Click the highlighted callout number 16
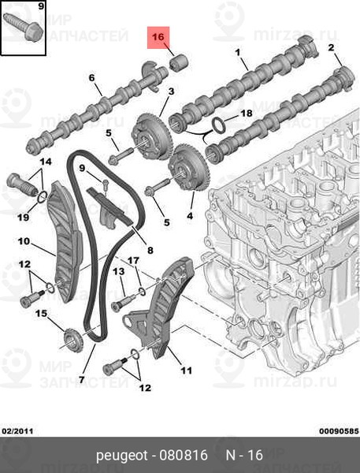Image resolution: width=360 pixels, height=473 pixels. click(158, 37)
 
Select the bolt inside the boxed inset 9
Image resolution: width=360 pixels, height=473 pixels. click(23, 27)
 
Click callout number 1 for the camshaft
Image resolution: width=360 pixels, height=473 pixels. click(238, 53)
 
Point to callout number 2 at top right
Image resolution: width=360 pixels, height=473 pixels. click(332, 47)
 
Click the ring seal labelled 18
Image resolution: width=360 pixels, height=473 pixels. click(218, 125)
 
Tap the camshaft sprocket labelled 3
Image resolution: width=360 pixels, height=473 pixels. click(152, 136)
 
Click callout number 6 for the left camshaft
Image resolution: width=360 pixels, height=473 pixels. click(91, 78)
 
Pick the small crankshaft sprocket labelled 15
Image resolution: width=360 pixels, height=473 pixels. click(72, 340)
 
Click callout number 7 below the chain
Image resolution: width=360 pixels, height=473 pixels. click(82, 379)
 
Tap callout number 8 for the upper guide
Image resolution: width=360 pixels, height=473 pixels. click(150, 250)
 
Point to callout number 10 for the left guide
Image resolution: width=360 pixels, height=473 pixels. click(24, 241)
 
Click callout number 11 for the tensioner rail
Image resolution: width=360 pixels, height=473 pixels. click(186, 370)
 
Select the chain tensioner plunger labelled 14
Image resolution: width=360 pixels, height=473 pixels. click(21, 184)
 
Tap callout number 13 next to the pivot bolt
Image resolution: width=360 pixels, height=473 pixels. click(118, 271)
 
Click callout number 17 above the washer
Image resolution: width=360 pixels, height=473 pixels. click(133, 260)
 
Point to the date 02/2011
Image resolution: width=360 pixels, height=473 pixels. click(17, 431)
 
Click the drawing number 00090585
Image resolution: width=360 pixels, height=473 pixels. click(340, 431)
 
